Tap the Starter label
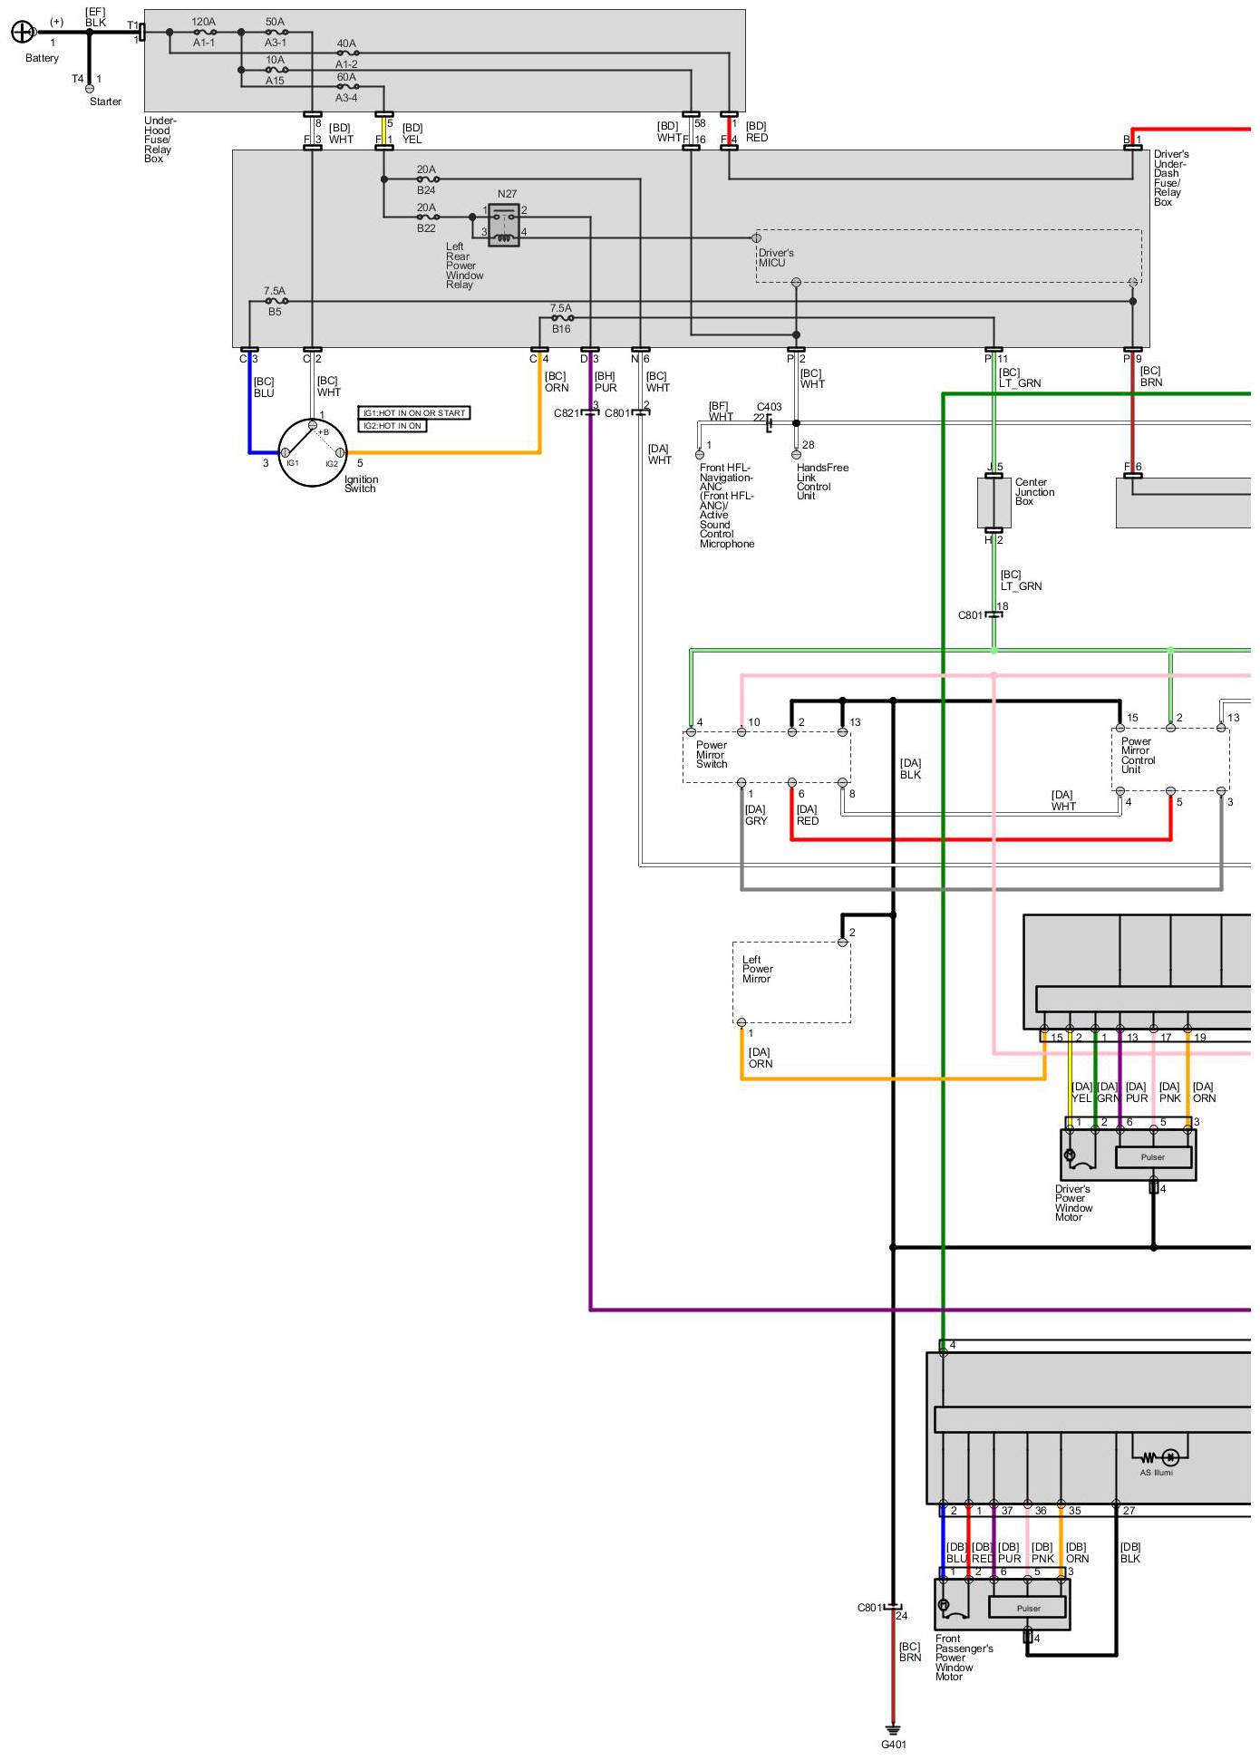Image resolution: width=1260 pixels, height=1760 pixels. click(x=105, y=102)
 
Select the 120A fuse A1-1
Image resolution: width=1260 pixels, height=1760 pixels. click(x=204, y=33)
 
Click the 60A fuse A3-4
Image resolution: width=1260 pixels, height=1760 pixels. click(x=346, y=88)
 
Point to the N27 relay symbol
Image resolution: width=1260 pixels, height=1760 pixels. click(x=504, y=225)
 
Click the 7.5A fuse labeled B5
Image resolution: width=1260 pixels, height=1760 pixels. click(x=275, y=301)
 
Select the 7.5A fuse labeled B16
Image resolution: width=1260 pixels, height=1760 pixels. click(x=561, y=318)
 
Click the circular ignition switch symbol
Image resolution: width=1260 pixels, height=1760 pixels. click(x=312, y=452)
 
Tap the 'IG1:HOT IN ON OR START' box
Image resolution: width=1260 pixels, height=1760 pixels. click(x=414, y=413)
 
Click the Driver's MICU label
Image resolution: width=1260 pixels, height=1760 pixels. click(x=776, y=258)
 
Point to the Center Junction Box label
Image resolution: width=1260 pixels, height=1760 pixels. click(x=1034, y=492)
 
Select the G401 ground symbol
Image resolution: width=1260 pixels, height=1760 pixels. click(x=893, y=1730)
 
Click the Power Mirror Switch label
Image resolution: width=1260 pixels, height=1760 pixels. click(x=712, y=755)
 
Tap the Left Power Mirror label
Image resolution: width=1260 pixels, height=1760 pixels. click(x=757, y=969)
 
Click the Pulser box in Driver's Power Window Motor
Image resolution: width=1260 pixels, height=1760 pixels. click(x=1153, y=1157)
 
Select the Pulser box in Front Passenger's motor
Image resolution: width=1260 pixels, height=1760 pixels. click(x=1028, y=1609)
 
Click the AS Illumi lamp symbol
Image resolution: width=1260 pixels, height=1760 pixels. click(x=1170, y=1457)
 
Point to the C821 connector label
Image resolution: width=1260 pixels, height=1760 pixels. click(x=567, y=413)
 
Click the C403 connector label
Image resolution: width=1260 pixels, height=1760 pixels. click(x=769, y=407)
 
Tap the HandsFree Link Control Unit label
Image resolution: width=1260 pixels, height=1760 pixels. click(x=822, y=481)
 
